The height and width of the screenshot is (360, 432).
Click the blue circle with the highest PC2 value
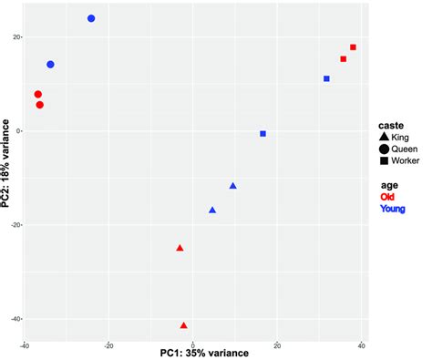point(91,18)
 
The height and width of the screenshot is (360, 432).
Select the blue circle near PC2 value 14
point(50,65)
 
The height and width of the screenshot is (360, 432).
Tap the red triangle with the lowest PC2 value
point(184,325)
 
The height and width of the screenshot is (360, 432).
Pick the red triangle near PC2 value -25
point(180,248)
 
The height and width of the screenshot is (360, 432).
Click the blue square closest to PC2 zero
point(263,134)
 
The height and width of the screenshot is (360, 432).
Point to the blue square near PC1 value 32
point(326,79)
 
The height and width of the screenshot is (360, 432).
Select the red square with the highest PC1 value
point(353,47)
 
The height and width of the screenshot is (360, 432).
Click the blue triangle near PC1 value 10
point(232,186)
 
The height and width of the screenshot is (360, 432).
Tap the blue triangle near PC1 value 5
point(212,211)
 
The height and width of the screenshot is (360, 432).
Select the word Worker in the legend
point(406,160)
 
